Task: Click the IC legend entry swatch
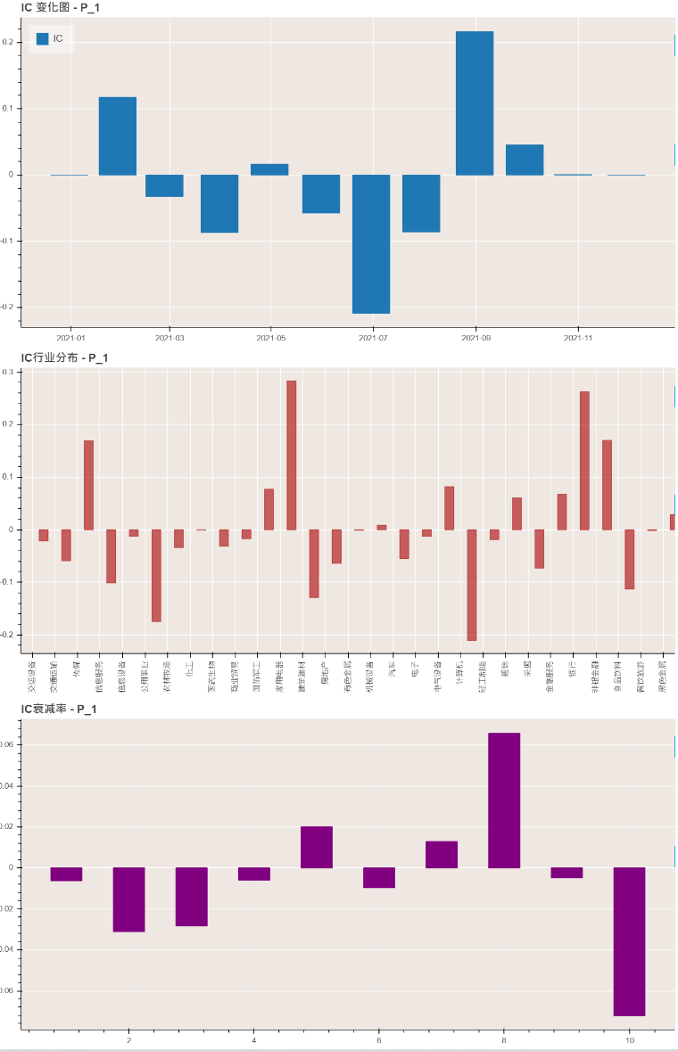[x=42, y=39]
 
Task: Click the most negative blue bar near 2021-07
[x=371, y=244]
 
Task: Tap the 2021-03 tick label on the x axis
[x=169, y=338]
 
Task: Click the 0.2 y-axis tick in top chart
[x=9, y=43]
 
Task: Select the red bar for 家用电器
[x=291, y=455]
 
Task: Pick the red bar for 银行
[x=584, y=460]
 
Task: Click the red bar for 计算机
[x=472, y=585]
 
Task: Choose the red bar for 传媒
[x=88, y=485]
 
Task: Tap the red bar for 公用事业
[x=156, y=575]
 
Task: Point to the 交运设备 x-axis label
[x=32, y=677]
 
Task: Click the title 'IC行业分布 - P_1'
[x=64, y=358]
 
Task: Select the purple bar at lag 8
[x=504, y=800]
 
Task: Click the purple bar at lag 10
[x=629, y=940]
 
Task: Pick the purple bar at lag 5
[x=317, y=847]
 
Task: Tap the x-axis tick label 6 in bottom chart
[x=379, y=1040]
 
